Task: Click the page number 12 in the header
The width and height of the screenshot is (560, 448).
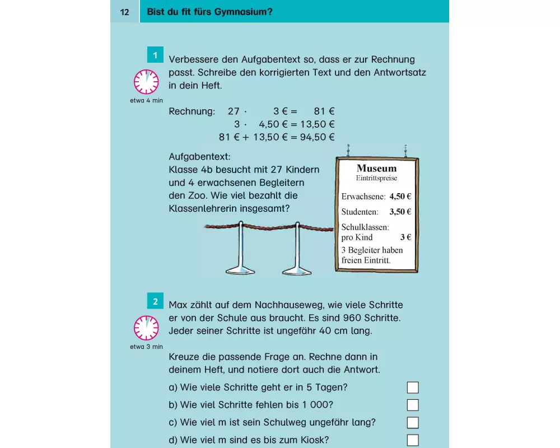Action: click(125, 11)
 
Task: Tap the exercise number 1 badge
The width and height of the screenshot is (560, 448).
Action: click(155, 55)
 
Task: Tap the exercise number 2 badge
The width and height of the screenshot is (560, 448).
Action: click(155, 301)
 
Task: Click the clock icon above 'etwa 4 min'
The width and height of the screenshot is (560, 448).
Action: click(146, 82)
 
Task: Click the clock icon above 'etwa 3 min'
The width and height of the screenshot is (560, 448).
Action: click(146, 328)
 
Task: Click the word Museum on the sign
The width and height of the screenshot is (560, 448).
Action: click(376, 168)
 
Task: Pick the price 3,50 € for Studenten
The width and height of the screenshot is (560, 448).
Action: click(400, 212)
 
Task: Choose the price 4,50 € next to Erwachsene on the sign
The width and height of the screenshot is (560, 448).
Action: click(400, 197)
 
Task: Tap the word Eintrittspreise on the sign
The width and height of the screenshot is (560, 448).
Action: click(376, 178)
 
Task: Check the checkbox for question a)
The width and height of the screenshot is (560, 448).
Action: click(413, 388)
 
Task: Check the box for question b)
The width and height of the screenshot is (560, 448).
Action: click(413, 405)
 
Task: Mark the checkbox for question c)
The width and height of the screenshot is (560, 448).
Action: click(413, 422)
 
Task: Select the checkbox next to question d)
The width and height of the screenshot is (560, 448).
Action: click(413, 440)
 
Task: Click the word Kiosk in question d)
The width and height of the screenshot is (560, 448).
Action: click(315, 440)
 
